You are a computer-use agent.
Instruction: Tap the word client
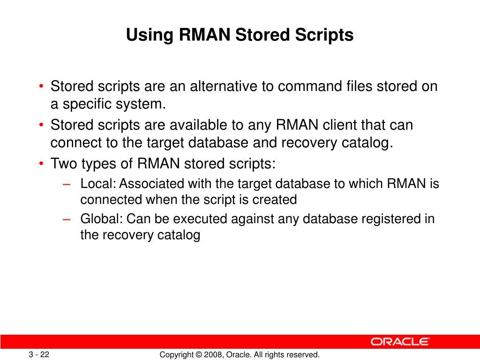pos(335,126)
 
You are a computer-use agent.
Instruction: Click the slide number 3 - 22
pos(39,354)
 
